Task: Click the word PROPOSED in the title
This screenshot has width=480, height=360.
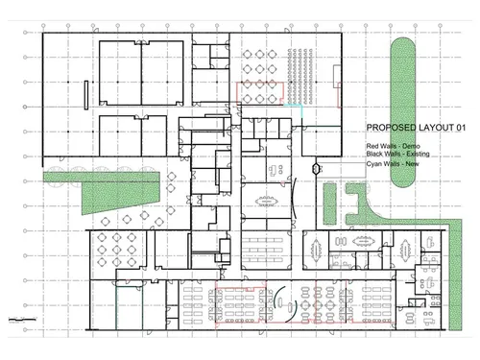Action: [386, 128]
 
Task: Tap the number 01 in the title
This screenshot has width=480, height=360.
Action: [461, 128]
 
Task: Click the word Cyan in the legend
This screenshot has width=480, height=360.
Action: [373, 164]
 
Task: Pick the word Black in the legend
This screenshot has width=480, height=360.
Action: [374, 154]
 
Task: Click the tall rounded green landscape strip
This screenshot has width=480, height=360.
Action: [403, 112]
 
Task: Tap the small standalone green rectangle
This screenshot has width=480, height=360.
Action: [330, 204]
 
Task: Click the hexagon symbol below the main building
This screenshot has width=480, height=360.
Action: [316, 168]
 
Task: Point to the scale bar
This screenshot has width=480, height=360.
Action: [22, 319]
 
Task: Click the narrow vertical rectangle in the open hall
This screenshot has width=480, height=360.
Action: [86, 95]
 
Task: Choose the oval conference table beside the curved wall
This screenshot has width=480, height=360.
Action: [267, 202]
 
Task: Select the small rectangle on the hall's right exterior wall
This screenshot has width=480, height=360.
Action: [337, 77]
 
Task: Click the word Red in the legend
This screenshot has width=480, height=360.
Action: [372, 146]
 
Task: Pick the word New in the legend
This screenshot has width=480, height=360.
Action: [412, 164]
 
